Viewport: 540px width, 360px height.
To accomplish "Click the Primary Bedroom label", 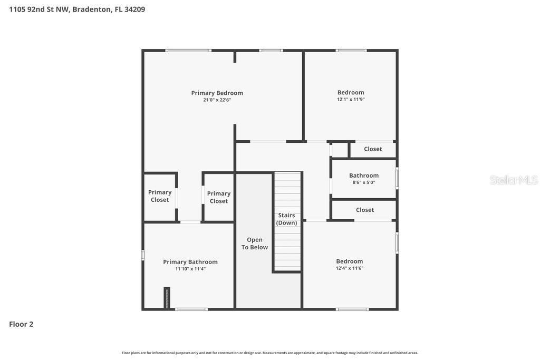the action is [217, 93].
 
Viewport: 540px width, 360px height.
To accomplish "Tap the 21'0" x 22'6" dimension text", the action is [217, 100].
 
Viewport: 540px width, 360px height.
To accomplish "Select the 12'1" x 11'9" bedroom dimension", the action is [351, 100].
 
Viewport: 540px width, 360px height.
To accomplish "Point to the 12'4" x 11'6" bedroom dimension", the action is [350, 268].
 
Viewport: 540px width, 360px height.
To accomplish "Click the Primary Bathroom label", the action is [190, 262].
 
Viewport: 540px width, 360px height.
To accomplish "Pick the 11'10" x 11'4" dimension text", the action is [190, 269].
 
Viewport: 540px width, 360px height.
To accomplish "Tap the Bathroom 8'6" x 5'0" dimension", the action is [364, 183].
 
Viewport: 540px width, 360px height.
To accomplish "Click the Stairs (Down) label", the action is [286, 219].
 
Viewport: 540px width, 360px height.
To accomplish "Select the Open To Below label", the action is [255, 244].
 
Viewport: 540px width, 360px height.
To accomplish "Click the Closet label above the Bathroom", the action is [373, 149].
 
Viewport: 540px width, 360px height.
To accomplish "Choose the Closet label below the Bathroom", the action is [365, 210].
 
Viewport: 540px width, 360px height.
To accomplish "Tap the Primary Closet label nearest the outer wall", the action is [160, 196].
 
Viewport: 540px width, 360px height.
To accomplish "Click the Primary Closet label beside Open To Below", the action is [219, 197].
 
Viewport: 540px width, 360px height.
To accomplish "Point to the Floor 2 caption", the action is [21, 324].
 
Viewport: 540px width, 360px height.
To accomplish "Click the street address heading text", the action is [77, 9].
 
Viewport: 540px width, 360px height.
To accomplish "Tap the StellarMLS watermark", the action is [514, 180].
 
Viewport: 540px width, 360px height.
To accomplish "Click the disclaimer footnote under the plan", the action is [270, 353].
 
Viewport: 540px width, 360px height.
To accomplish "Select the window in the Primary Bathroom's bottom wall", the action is [191, 309].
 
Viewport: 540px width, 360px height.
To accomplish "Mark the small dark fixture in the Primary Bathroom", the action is [167, 298].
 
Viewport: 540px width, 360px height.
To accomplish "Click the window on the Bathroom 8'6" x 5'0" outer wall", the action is [397, 178].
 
